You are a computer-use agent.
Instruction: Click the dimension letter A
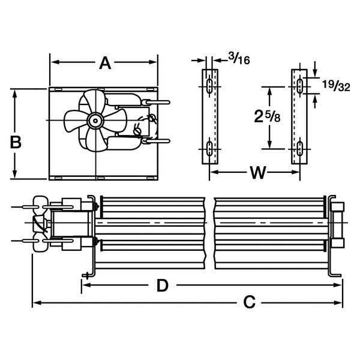105,63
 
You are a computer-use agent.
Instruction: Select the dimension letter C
250,303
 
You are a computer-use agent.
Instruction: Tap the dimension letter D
162,286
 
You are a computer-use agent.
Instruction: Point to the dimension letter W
257,173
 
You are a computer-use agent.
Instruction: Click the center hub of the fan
94,121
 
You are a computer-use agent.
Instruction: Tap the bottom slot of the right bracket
298,149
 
